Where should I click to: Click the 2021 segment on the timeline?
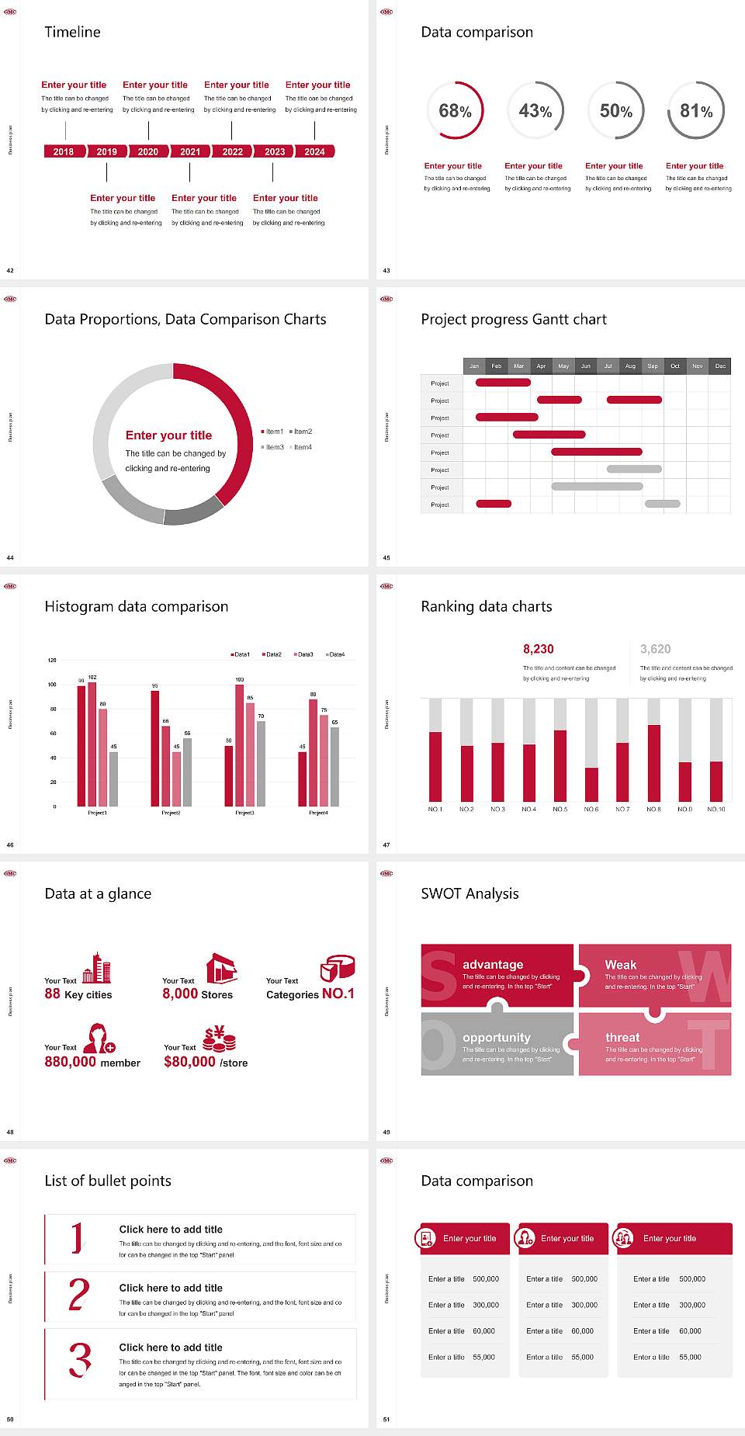click(x=190, y=151)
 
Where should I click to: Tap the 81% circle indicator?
click(x=696, y=111)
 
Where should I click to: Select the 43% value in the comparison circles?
click(x=535, y=111)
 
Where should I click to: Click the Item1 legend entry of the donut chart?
click(x=273, y=432)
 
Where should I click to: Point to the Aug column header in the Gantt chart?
click(x=630, y=366)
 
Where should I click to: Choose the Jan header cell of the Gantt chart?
click(x=474, y=366)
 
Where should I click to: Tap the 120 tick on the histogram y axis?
click(x=52, y=661)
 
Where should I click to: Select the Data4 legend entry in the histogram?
click(x=335, y=654)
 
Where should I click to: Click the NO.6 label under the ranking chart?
click(x=591, y=809)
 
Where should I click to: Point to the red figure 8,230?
click(x=539, y=649)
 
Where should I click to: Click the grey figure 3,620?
click(x=656, y=649)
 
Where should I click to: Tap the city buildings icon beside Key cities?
click(x=97, y=969)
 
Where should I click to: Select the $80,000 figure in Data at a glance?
click(x=189, y=1062)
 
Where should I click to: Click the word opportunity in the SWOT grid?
click(x=497, y=1038)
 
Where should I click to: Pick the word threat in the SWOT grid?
click(x=622, y=1038)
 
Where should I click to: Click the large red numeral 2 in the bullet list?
click(x=79, y=1295)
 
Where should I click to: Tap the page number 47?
click(x=386, y=845)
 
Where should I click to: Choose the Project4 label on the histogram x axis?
click(x=318, y=813)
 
